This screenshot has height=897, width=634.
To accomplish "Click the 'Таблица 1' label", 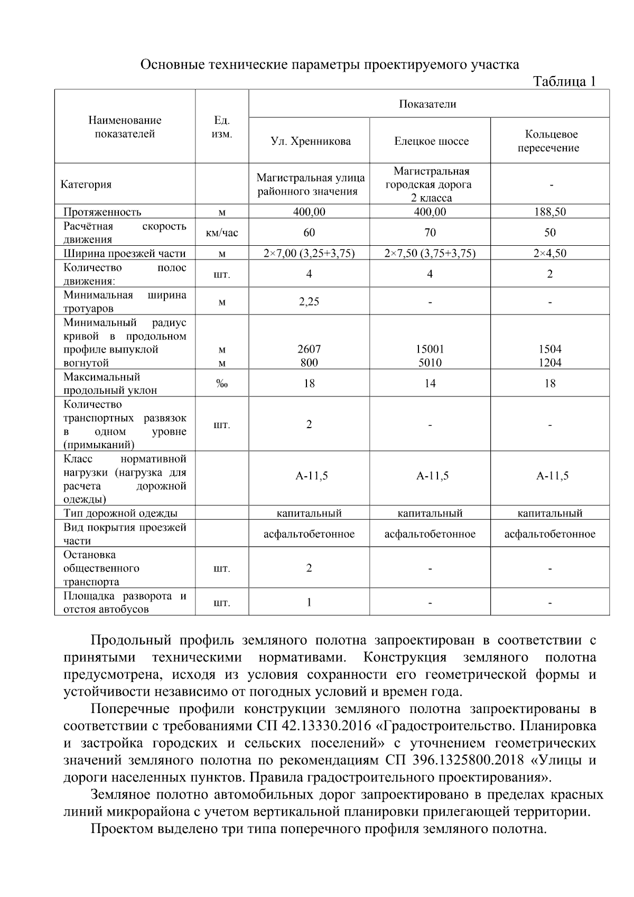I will point(564,81).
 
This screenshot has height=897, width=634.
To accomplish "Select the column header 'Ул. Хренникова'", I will point(310,141).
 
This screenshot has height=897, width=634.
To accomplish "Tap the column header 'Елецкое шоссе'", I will point(431,141).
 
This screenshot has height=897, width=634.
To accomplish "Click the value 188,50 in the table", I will point(549,212).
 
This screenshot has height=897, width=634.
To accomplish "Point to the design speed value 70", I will point(430,233).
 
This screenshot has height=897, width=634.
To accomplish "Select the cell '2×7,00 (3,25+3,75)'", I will point(309,253).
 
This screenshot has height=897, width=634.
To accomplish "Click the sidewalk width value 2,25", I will point(309,301).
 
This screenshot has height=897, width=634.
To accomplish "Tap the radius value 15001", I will point(430,349).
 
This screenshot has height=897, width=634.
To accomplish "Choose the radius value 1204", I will point(550,363).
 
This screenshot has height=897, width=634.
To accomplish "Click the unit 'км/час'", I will point(222,233).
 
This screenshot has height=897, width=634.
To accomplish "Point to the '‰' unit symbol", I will point(222,384).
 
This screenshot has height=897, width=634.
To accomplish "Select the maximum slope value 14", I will point(430,383).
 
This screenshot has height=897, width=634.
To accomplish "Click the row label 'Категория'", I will point(86,184).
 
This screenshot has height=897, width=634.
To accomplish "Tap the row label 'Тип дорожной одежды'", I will point(120,513).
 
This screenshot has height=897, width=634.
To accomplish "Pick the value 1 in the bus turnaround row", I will point(309,602).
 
